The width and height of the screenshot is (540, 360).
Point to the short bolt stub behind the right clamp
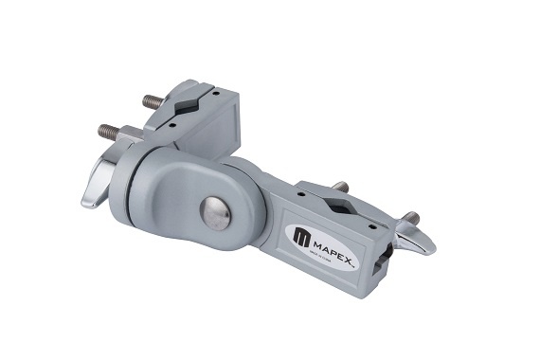[340, 186]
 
